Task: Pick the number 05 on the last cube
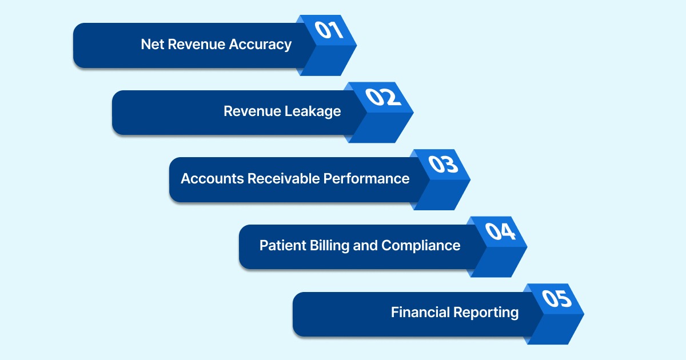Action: click(x=557, y=298)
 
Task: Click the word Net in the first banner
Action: click(x=151, y=45)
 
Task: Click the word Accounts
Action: click(x=212, y=178)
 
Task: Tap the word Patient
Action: click(x=282, y=246)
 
